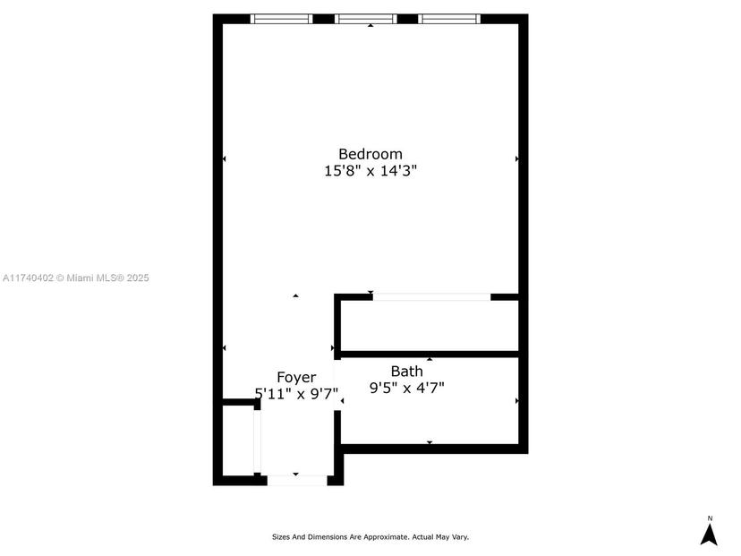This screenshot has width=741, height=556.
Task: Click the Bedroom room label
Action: (x=370, y=154)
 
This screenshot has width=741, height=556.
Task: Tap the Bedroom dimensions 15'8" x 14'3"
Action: (x=370, y=171)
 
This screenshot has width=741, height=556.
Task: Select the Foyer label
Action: (x=296, y=377)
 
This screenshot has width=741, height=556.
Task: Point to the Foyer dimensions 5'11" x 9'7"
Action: (x=296, y=393)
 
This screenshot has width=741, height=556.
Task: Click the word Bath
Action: (x=407, y=372)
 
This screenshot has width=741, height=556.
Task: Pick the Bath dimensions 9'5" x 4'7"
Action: (x=407, y=389)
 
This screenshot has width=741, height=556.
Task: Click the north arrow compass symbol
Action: (x=709, y=535)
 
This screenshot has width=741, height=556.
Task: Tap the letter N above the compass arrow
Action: (x=710, y=518)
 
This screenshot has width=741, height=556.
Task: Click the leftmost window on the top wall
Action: (x=281, y=19)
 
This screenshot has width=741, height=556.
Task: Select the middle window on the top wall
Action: (x=366, y=19)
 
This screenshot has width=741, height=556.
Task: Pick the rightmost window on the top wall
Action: (x=449, y=19)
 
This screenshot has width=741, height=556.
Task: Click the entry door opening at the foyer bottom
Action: (x=297, y=481)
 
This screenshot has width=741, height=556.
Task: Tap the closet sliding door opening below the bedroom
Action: (x=432, y=297)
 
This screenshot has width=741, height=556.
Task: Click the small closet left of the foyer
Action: (x=238, y=441)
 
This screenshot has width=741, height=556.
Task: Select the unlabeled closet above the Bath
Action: (x=430, y=326)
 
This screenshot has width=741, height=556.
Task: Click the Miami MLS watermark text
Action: (x=75, y=278)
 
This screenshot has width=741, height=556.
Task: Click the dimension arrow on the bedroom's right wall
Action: (x=516, y=158)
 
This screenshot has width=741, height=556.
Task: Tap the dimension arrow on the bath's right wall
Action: (x=517, y=401)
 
